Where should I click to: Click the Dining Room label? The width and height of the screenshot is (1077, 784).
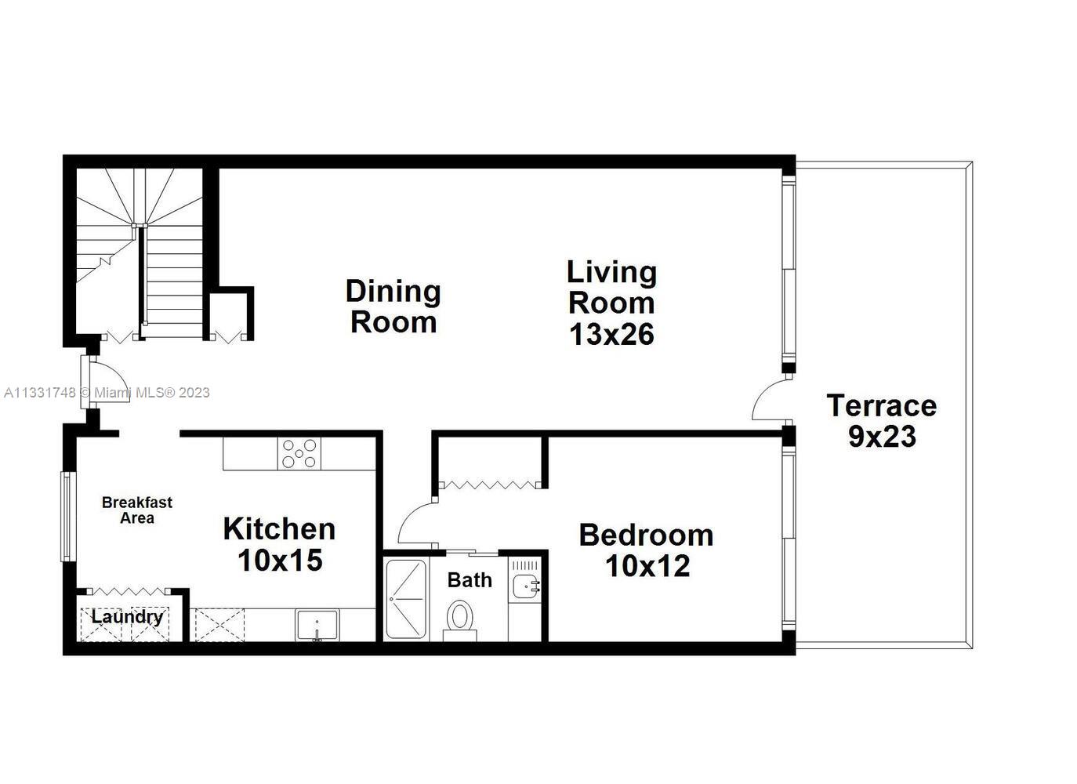[x=393, y=306]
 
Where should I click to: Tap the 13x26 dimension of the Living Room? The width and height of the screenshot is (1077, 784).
[x=611, y=335]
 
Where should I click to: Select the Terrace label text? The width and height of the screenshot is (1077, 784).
[x=881, y=406]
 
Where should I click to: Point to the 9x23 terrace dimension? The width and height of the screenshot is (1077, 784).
[x=882, y=437]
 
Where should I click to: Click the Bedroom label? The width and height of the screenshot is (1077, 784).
[x=646, y=535]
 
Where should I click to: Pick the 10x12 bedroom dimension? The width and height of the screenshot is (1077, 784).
[x=647, y=566]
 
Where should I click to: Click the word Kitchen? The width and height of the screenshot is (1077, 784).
[x=279, y=529]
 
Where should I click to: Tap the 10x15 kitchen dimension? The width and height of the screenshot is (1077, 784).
[x=280, y=561]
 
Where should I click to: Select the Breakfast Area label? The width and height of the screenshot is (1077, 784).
[x=137, y=510]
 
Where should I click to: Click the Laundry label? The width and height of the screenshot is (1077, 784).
[x=127, y=617]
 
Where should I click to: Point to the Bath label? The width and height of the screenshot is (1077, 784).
[x=470, y=580]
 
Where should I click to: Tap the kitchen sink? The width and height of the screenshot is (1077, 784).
[x=317, y=625]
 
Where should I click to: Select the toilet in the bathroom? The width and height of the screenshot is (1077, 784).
[x=459, y=619]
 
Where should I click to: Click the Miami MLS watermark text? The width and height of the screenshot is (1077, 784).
[x=107, y=393]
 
